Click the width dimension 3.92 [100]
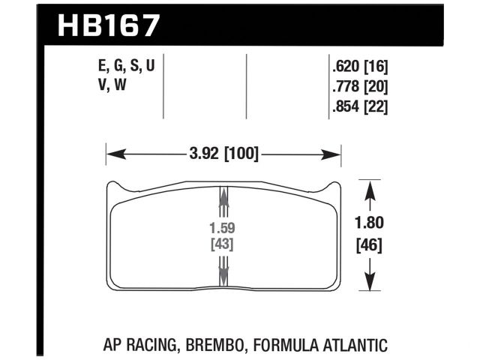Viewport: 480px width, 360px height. pos(223,155)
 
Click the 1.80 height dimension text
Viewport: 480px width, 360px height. pos(369,223)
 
